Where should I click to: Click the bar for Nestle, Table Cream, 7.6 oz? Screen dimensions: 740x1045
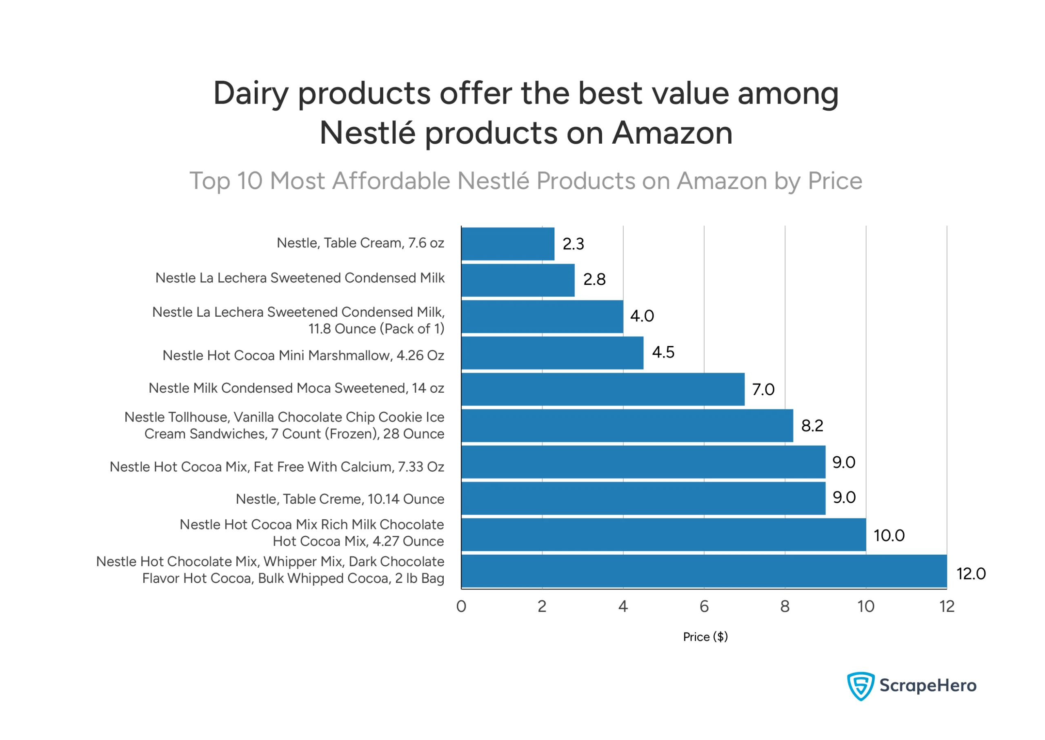pos(507,244)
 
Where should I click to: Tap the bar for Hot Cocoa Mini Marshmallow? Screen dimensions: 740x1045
pos(552,353)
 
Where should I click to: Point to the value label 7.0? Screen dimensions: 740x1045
pos(763,390)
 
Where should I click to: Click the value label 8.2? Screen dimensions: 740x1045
pos(812,426)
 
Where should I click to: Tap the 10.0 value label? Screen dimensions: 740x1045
pos(888,536)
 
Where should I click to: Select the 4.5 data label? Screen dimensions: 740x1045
pos(663,352)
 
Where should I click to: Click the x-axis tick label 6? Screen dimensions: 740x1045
pos(704,607)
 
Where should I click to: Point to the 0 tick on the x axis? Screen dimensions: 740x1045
pos(461,607)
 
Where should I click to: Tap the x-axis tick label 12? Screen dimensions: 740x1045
pos(946,607)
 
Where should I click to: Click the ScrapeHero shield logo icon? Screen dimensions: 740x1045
pos(860,685)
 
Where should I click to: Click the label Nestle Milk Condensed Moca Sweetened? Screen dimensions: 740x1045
pos(296,388)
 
